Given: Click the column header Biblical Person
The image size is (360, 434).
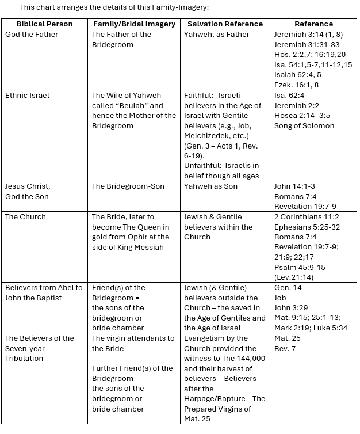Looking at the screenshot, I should click(45, 24).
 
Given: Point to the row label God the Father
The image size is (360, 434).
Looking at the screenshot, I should click(32, 35).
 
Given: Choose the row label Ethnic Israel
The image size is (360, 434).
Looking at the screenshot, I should click(28, 96).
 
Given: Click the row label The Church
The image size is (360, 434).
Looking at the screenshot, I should click(25, 217).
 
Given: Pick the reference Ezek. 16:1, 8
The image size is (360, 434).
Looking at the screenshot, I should click(296, 85).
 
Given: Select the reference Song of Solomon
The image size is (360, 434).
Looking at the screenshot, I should click(304, 125).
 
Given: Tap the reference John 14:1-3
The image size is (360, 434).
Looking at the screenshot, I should click(294, 186).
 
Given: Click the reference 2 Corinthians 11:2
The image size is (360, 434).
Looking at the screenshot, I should click(307, 217).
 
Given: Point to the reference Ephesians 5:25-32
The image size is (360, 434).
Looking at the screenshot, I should click(307, 227).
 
